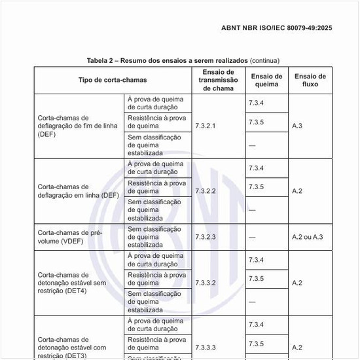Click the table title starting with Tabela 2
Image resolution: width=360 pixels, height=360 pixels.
coord(168,60)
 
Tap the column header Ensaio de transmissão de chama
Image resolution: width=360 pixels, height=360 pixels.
coord(218,80)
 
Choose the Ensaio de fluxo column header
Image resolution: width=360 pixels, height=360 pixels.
coord(310,80)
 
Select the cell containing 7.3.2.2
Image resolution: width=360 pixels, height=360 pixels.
coord(206,191)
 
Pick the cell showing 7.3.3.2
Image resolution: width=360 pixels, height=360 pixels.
coord(206,283)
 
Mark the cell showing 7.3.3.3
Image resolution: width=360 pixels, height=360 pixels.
coord(206,347)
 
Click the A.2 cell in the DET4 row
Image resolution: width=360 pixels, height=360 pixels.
coord(297,283)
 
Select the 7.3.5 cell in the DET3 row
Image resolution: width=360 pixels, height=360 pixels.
coord(256,344)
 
